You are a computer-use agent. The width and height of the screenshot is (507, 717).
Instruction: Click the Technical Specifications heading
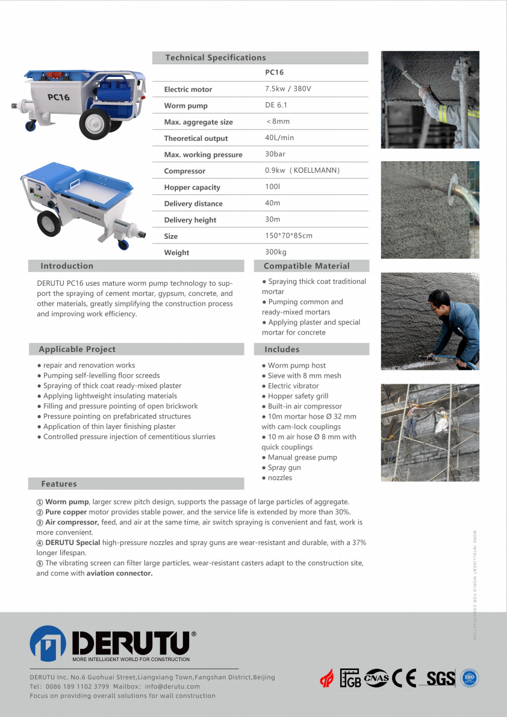tap(215, 58)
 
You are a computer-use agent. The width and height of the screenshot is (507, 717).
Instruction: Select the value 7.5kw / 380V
tap(288, 89)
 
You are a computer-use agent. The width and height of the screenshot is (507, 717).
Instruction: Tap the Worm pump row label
tap(185, 106)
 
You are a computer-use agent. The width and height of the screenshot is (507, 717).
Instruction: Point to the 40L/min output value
tap(279, 138)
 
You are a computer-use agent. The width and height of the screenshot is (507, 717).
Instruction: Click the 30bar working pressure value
tap(275, 154)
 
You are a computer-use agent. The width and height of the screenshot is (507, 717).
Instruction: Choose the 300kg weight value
tap(276, 252)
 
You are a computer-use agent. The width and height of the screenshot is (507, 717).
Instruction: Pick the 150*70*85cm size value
tap(288, 236)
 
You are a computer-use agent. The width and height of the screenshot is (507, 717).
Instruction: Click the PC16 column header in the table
tap(274, 72)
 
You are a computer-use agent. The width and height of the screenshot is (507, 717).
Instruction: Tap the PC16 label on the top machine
tap(58, 97)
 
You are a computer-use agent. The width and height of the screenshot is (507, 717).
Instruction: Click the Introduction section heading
tap(67, 266)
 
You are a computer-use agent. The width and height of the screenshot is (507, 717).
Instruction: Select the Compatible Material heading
tap(306, 266)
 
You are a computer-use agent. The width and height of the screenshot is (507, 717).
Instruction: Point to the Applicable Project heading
tap(77, 349)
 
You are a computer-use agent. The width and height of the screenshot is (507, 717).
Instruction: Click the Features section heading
tap(59, 484)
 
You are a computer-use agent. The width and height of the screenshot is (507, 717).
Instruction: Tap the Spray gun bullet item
tap(284, 467)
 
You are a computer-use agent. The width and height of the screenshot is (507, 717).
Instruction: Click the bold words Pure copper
tap(66, 512)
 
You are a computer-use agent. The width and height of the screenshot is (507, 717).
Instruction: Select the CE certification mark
tap(404, 679)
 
